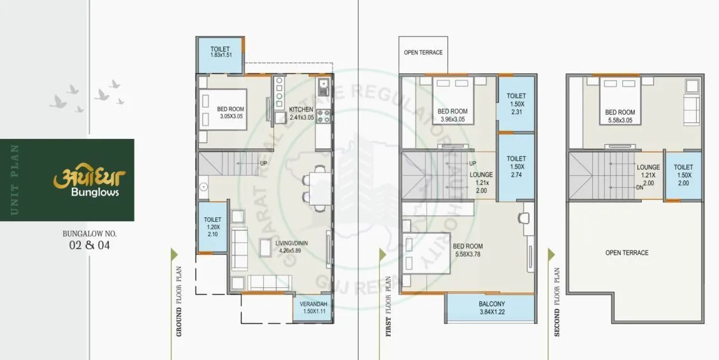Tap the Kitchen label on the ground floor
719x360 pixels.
coord(301,109)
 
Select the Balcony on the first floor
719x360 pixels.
coord(491,308)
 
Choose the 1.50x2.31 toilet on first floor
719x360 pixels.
coord(516,103)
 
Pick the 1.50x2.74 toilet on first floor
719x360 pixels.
coord(516,166)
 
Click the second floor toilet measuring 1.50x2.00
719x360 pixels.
coord(683,175)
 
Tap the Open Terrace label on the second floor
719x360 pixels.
coord(627,253)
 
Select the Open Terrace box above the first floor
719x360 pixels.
coord(423,53)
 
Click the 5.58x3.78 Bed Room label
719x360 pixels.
coord(468,250)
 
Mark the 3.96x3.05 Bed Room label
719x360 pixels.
coord(453,115)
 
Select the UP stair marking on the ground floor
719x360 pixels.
coord(263,163)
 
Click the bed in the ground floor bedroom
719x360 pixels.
coord(207,110)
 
